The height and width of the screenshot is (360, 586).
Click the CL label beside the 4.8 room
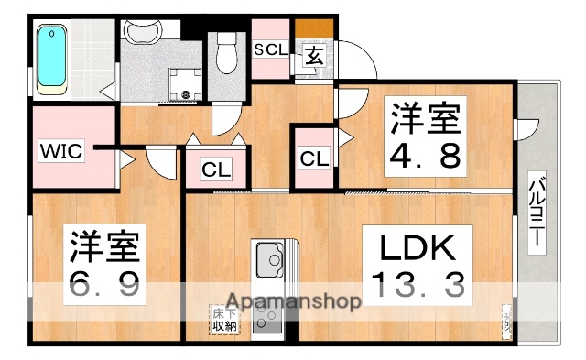point(314,158)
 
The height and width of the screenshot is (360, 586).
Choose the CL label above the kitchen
point(215,169)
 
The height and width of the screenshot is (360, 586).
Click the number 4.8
point(424,155)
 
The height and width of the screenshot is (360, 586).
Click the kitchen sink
point(270,261)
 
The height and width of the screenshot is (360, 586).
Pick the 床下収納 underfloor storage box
point(223,319)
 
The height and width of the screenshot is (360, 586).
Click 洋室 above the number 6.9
point(103,246)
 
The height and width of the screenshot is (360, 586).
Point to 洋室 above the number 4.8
point(424,118)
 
